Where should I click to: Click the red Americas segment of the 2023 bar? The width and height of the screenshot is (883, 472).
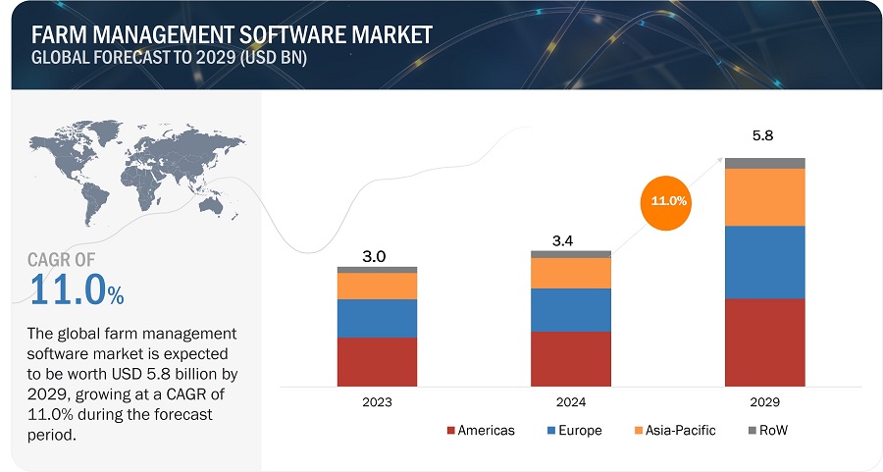pos(377,361)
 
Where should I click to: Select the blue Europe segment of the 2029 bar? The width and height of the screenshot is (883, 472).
pos(765,261)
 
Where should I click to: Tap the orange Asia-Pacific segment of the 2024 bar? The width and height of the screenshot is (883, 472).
pos(571,273)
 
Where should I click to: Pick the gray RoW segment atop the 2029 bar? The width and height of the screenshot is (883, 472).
pos(765,163)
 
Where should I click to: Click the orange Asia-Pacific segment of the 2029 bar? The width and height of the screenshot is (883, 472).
pos(765,196)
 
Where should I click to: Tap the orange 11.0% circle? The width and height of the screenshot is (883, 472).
pos(669,200)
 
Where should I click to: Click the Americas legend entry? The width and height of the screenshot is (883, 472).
pos(481,430)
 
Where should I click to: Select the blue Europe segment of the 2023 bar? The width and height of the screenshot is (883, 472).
pos(377,318)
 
